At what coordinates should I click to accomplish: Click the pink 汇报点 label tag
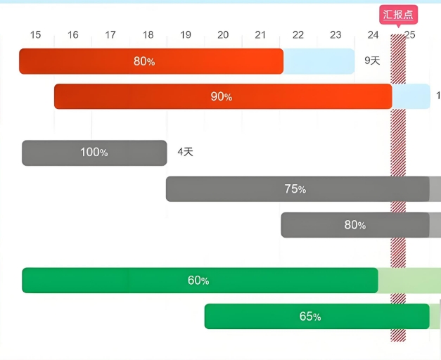click(x=399, y=15)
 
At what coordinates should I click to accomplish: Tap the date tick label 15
click(x=36, y=35)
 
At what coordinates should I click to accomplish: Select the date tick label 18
click(x=148, y=35)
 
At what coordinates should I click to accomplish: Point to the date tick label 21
click(x=260, y=35)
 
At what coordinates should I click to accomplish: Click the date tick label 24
click(x=373, y=35)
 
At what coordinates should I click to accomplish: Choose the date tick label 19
click(x=186, y=35)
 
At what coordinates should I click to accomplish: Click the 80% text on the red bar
click(x=144, y=61)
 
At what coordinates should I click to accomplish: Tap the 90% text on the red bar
click(x=222, y=96)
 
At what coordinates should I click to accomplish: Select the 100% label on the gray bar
click(x=94, y=153)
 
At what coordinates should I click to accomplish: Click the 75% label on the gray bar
click(x=295, y=189)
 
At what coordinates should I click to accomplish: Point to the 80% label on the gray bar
click(x=354, y=225)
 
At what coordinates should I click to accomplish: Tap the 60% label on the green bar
click(x=198, y=281)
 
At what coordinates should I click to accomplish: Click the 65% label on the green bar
click(x=310, y=316)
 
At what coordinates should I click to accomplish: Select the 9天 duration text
click(x=372, y=61)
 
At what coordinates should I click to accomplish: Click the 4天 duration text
click(x=185, y=152)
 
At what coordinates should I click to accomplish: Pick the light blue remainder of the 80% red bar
click(x=319, y=61)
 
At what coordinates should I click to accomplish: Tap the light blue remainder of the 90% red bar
click(x=411, y=96)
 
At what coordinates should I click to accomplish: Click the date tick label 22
click(x=298, y=35)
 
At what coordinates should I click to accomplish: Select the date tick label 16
click(x=73, y=35)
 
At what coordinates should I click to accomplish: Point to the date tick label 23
click(x=335, y=35)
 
